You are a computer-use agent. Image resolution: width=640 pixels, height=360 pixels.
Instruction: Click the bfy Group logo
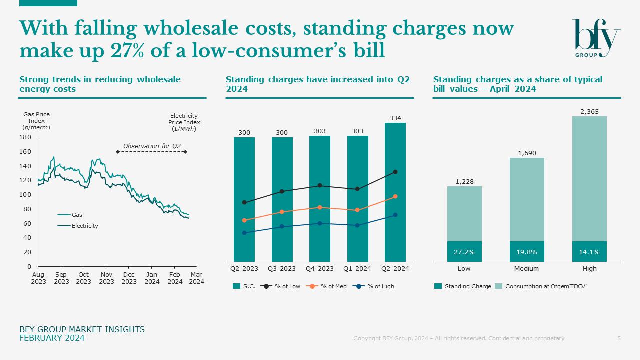596,38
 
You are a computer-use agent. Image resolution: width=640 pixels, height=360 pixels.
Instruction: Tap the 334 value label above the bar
395,118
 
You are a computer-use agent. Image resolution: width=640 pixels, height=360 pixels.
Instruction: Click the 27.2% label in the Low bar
464,252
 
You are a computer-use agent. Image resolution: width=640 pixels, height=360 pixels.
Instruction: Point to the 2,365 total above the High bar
589,112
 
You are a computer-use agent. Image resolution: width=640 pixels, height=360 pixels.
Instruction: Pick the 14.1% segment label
589,252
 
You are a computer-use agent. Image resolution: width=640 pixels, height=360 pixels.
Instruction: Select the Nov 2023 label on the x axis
106,278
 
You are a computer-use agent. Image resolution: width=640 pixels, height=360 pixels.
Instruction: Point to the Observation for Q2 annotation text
152,146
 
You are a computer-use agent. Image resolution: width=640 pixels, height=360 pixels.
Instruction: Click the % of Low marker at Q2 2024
395,172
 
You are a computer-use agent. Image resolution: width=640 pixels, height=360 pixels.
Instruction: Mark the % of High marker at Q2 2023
244,233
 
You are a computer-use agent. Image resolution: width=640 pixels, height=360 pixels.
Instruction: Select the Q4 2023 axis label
320,269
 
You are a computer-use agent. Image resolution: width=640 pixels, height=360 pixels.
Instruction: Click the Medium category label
526,269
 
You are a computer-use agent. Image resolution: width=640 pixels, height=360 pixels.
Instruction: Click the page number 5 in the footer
619,338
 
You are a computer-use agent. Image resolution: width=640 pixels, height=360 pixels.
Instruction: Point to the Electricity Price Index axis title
184,122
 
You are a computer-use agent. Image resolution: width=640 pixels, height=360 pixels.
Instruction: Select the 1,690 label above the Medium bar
527,153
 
